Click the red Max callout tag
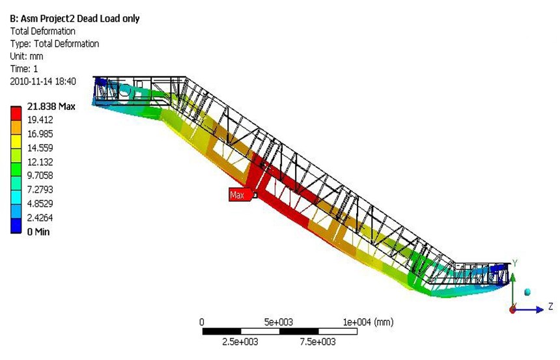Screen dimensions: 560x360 240,195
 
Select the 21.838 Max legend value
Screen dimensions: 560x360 51,106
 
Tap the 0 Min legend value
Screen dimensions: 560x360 38,232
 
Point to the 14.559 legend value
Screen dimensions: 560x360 40,148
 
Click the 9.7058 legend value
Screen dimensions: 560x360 40,175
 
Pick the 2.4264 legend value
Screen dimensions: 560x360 40,217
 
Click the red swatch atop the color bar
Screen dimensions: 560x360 16,113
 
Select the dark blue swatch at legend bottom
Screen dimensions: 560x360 16,226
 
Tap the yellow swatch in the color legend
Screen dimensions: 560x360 16,141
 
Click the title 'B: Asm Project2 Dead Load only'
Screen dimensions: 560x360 75,19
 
